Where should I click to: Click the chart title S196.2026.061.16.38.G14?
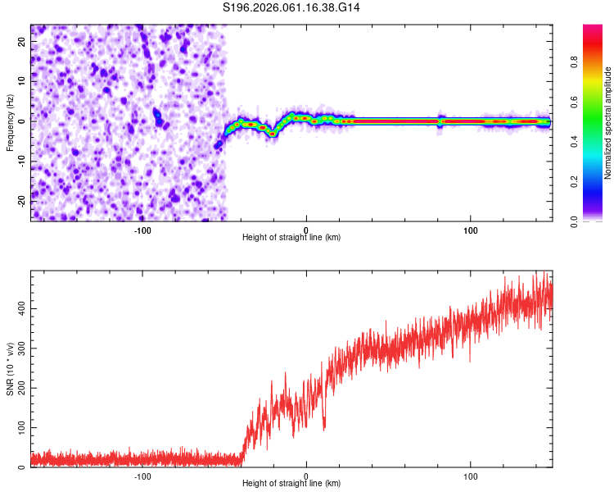291,7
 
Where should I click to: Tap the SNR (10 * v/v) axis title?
10,369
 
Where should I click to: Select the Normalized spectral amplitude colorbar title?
607,123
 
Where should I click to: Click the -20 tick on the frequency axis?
21,201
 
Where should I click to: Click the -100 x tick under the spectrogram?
142,230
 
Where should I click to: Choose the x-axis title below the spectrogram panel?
291,238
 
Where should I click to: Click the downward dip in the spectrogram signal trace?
271,132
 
